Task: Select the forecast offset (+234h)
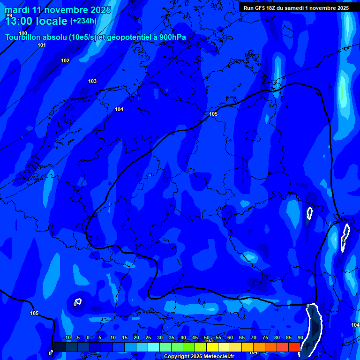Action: tap(83, 21)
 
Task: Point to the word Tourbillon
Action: tap(23, 37)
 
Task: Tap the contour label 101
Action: tap(42, 45)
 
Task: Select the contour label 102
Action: tap(65, 60)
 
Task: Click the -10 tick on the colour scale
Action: tap(67, 338)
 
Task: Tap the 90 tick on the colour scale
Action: tap(300, 338)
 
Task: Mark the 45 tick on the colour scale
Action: tap(195, 338)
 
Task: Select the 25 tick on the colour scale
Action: tap(148, 338)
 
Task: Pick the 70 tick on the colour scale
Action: tap(254, 338)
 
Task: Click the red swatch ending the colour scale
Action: tap(294, 347)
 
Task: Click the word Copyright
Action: tap(177, 357)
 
